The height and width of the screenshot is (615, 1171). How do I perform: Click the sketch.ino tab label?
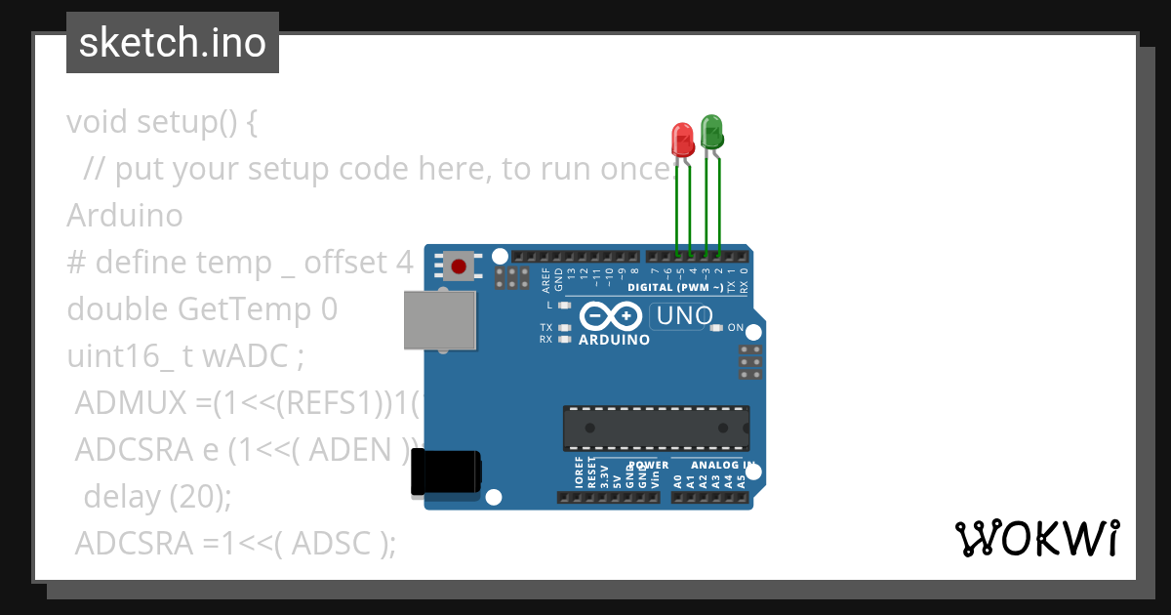click(x=173, y=43)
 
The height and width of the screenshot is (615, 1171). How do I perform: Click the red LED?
click(x=683, y=139)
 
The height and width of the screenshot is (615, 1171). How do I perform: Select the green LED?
click(x=711, y=132)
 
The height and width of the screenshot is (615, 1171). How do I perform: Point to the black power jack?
click(x=445, y=472)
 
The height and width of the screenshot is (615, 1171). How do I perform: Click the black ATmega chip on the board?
click(x=656, y=428)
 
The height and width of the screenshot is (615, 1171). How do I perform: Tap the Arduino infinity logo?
click(x=610, y=316)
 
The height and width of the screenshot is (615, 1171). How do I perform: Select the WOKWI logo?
click(x=1036, y=538)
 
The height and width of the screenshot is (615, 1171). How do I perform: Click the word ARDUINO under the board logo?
click(x=614, y=341)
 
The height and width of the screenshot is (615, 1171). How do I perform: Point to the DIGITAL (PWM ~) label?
click(x=675, y=288)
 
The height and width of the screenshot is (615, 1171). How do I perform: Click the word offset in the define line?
click(x=349, y=263)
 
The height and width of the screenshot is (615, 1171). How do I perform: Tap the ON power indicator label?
click(x=736, y=328)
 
